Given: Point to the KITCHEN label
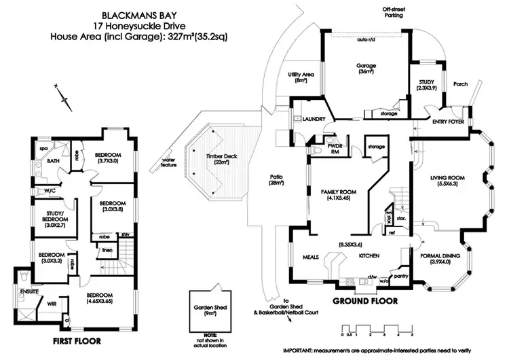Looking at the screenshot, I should click(x=369, y=256).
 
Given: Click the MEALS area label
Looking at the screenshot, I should click(x=310, y=257).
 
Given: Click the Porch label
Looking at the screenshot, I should click(x=461, y=84).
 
